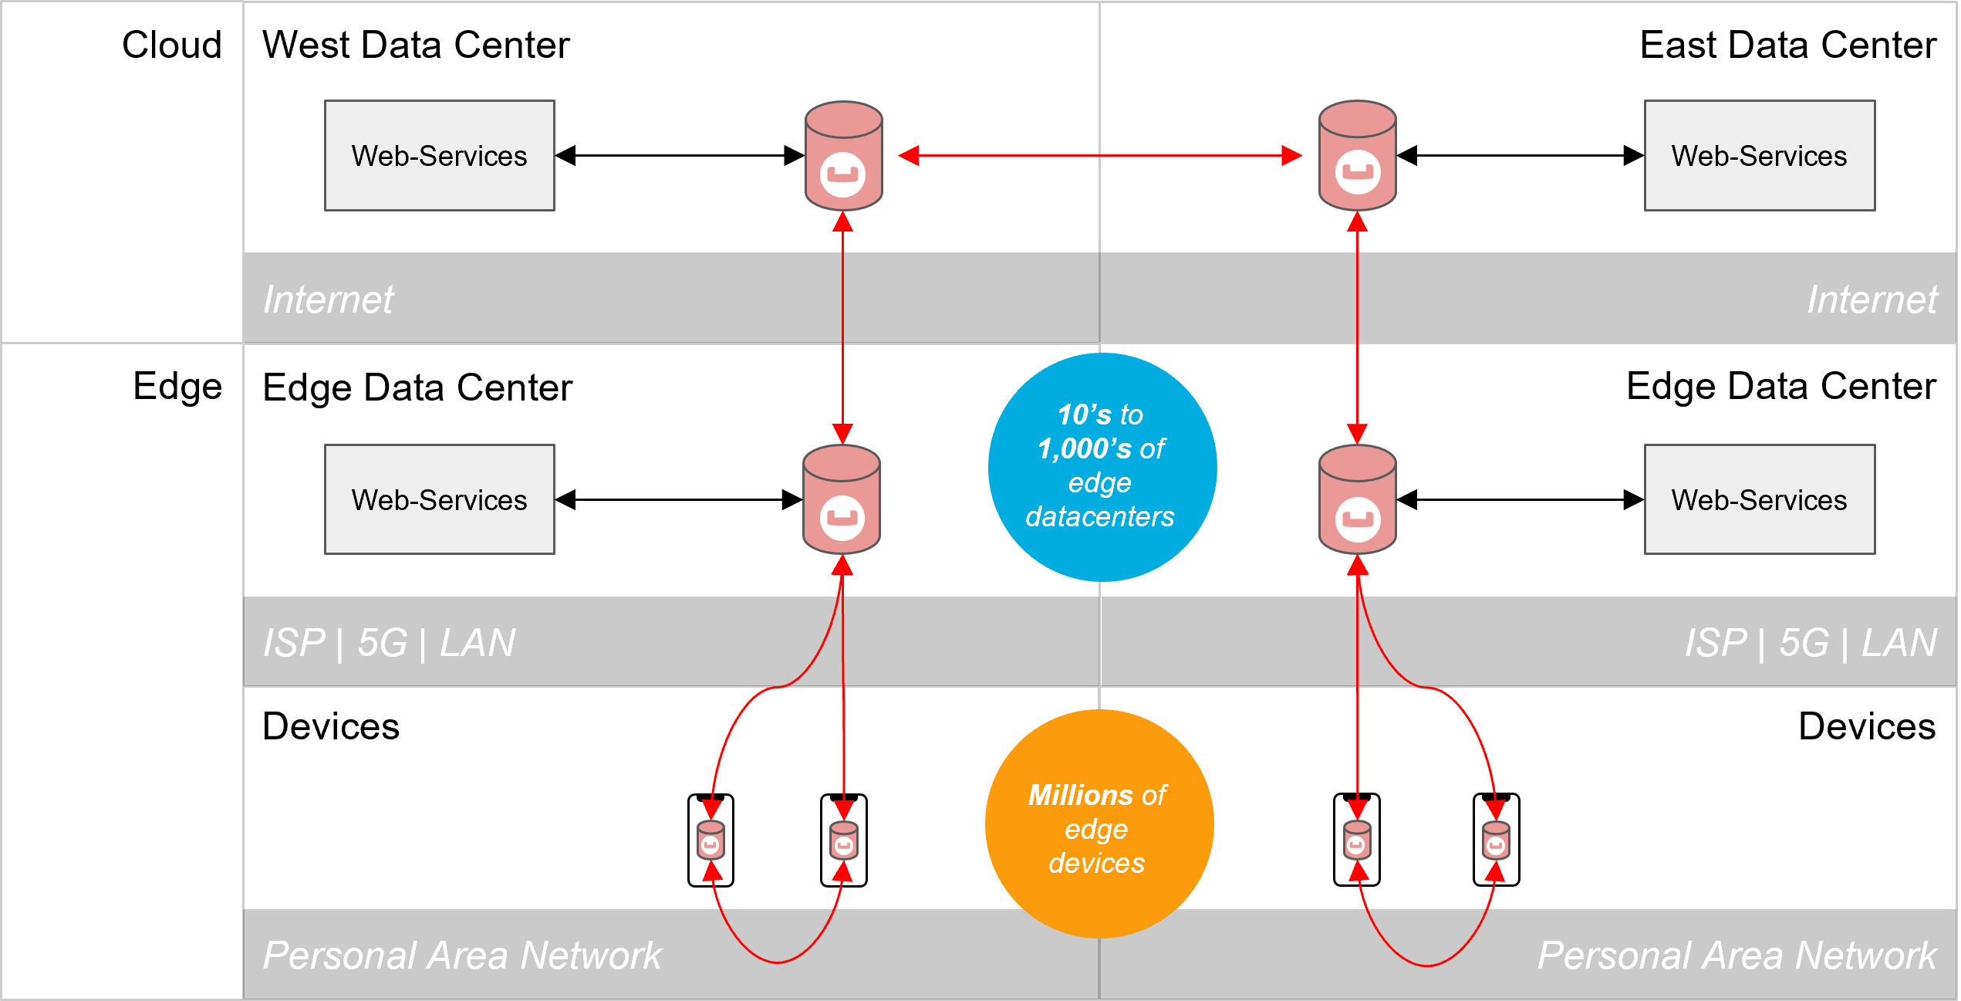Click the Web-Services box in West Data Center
coord(439,155)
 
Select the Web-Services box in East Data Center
coord(1759,155)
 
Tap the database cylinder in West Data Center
coord(843,155)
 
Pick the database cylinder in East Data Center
coord(1357,155)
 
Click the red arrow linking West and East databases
coord(1100,155)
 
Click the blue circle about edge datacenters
coord(1102,467)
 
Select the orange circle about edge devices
coord(1099,823)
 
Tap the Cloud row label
coord(171,45)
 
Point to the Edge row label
coord(177,386)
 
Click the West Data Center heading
coord(416,45)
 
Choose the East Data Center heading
coord(1787,45)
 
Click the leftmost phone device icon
coord(710,840)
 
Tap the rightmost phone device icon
coord(1496,840)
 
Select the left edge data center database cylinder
coord(842,499)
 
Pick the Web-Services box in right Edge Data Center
coord(1759,499)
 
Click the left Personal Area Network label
coord(462,955)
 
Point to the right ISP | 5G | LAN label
coord(1810,643)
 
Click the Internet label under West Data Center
coord(328,299)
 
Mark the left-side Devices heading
coord(330,726)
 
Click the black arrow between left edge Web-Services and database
coord(679,499)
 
